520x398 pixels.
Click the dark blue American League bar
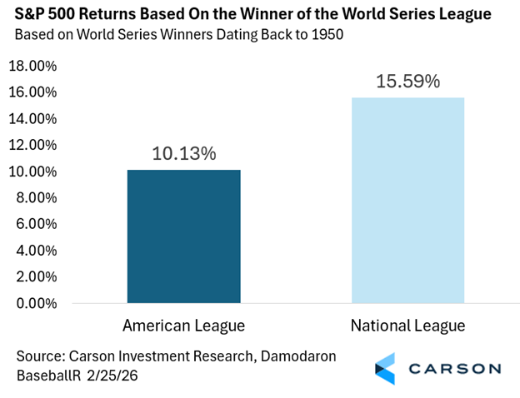coord(183,236)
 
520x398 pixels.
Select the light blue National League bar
coord(407,200)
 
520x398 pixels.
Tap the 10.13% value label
coord(184,154)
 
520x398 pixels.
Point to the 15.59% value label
coord(407,82)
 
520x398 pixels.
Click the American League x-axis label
coord(183,324)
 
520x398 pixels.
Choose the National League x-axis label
coord(407,324)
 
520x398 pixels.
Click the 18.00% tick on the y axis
coord(32,66)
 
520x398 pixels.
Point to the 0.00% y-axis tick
coord(36,303)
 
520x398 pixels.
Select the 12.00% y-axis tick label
coord(32,145)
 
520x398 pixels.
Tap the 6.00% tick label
coord(36,224)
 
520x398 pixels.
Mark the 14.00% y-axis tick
coord(32,118)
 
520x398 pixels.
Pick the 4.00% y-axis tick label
coord(36,251)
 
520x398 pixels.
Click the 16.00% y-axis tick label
coord(32,92)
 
